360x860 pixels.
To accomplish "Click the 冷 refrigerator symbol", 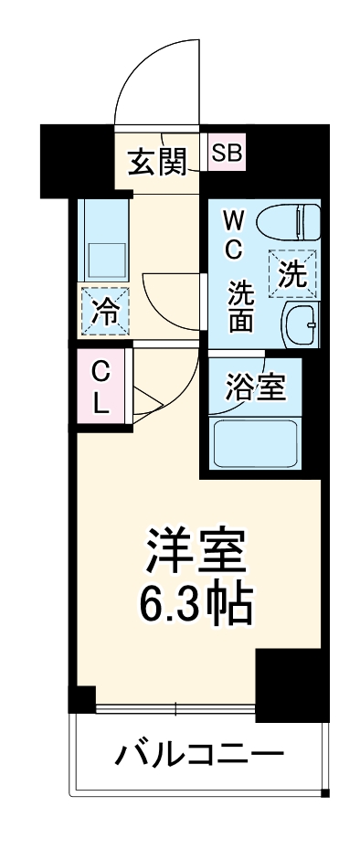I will coord(105,311).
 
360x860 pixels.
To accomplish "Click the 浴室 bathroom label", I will coord(256,387).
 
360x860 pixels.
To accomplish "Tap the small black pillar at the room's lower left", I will coord(83,699).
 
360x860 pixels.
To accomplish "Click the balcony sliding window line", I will coord(174,708).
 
